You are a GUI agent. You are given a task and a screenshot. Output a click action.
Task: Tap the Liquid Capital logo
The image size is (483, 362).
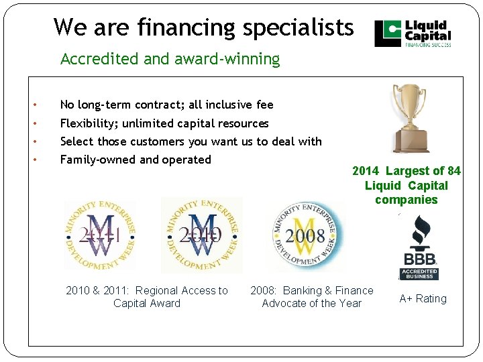(413, 34)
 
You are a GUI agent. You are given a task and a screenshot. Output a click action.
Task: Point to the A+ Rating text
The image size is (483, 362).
(423, 299)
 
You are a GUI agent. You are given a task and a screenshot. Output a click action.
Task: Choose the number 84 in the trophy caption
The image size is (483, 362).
(453, 171)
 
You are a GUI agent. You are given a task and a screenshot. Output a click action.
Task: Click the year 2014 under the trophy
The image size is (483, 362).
(366, 171)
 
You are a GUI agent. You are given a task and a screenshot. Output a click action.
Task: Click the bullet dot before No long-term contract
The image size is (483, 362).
(34, 105)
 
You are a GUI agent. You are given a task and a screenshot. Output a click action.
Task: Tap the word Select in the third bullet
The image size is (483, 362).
(77, 141)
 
